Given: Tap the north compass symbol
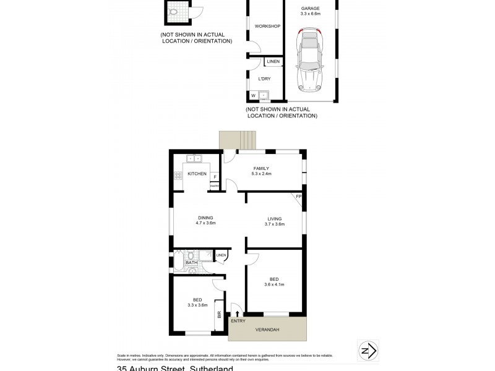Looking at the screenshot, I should click(x=368, y=350).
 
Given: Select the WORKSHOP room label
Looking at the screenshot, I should click(x=267, y=26).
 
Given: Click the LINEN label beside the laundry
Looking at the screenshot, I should click(x=273, y=62).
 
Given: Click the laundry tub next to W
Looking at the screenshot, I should click(x=264, y=95).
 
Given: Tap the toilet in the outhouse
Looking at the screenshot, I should click(x=174, y=11).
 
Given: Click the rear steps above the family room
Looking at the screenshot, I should click(x=237, y=140).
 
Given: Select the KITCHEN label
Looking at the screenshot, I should click(x=197, y=174).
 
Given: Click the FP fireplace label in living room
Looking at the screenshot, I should click(x=298, y=197).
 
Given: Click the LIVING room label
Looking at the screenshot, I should click(x=275, y=218).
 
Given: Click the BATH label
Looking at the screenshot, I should click(x=191, y=263).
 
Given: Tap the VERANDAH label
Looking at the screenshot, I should click(x=267, y=330).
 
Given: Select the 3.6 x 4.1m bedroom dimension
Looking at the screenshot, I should click(x=275, y=284).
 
